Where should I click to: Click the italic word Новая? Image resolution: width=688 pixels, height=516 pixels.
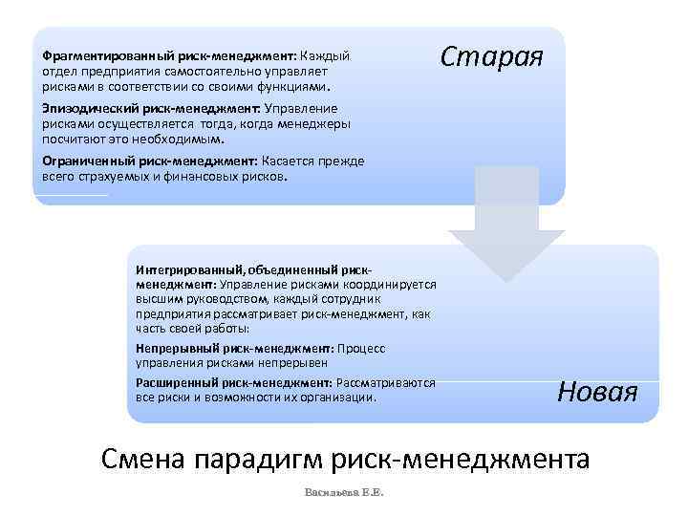coord(597,391)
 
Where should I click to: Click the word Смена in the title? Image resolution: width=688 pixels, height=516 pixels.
coord(142,460)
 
